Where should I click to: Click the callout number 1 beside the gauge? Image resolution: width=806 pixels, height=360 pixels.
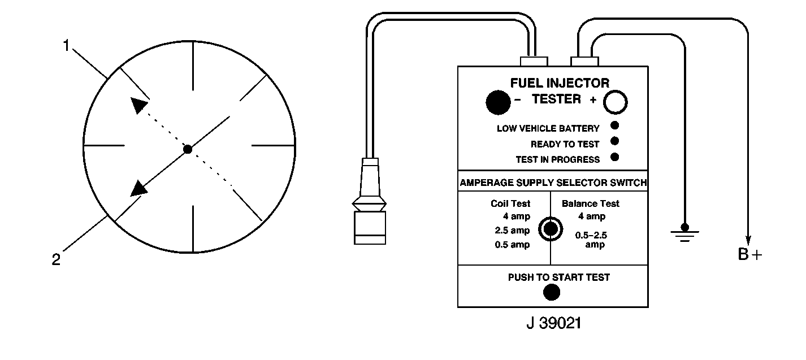pyautogui.click(x=66, y=46)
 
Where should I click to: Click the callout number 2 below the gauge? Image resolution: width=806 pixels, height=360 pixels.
pyautogui.click(x=56, y=259)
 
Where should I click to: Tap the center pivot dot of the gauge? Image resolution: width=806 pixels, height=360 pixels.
pyautogui.click(x=188, y=149)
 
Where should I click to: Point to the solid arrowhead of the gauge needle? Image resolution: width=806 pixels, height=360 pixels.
pyautogui.click(x=138, y=188)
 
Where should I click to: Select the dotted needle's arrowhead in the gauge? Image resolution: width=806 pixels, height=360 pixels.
pyautogui.click(x=139, y=105)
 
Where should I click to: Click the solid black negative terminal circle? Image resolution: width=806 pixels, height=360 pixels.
pyautogui.click(x=498, y=102)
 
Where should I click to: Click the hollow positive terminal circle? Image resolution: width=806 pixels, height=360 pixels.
pyautogui.click(x=616, y=102)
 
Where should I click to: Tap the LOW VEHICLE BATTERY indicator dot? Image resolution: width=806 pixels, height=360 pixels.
pyautogui.click(x=614, y=125)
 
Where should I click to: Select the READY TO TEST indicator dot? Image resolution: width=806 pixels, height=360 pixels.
pyautogui.click(x=614, y=141)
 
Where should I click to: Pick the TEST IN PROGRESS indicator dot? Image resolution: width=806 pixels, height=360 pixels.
pyautogui.click(x=614, y=157)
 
